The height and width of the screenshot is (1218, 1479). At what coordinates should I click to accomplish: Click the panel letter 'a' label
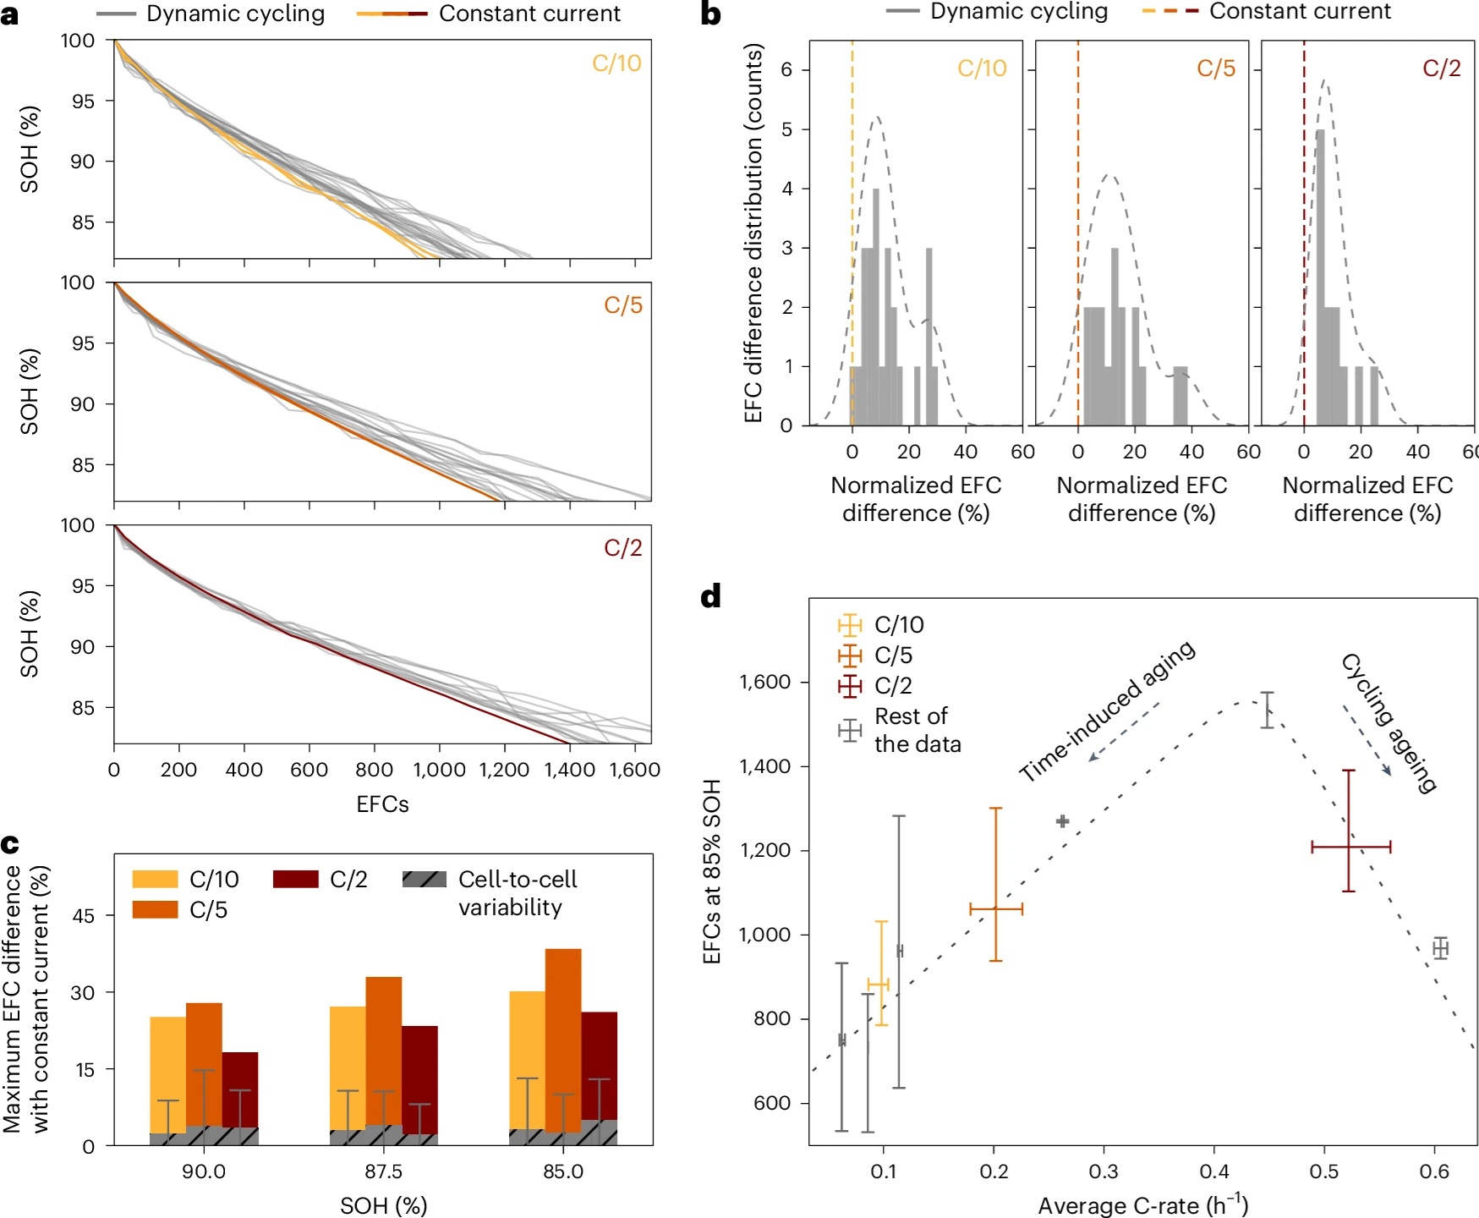click(10, 14)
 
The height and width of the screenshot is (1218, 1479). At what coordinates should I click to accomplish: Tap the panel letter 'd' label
click(711, 596)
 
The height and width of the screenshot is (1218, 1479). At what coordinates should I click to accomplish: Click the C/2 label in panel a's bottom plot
click(622, 548)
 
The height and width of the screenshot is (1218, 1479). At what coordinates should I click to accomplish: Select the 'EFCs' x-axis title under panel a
click(382, 804)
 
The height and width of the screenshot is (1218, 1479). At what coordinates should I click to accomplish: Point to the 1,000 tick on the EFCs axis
click(439, 770)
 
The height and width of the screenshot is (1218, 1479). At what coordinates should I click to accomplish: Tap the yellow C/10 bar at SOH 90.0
click(167, 1074)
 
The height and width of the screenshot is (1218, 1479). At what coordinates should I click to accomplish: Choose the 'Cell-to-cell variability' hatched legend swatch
click(425, 880)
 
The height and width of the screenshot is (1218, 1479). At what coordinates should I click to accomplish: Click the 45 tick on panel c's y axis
click(84, 916)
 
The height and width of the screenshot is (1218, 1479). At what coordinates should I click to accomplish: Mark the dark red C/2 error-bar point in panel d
click(1349, 846)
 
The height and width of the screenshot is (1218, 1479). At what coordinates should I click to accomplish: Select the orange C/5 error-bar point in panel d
click(996, 909)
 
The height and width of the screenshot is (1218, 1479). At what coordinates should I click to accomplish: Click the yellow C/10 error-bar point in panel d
click(880, 984)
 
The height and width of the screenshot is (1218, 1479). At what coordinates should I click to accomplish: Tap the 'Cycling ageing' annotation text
click(1389, 723)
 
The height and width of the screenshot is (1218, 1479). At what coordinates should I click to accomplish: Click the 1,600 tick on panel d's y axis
click(764, 682)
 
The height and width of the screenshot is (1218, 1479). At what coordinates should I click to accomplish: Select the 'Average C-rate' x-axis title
click(1142, 1205)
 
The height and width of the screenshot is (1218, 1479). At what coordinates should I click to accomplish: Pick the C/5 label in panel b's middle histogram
click(1215, 69)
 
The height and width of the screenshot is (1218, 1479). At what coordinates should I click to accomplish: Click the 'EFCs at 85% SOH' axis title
click(712, 871)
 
